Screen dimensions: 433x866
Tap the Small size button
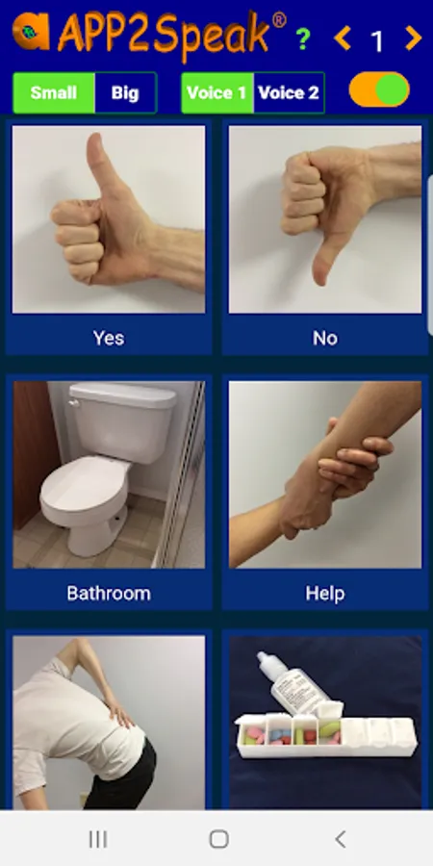coord(54,92)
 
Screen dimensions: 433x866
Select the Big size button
coord(125,92)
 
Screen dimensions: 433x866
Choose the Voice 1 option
coord(217,92)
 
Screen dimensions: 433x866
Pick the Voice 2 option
coord(289,92)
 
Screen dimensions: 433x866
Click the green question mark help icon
coord(302,38)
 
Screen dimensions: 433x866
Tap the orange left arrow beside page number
coord(343,38)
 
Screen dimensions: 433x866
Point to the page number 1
coord(377,40)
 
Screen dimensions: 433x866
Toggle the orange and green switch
coord(379,89)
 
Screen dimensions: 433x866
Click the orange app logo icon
coord(31,31)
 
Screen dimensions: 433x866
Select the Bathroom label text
coord(109,593)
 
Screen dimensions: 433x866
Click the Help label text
coord(325,593)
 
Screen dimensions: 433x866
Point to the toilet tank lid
coord(122,395)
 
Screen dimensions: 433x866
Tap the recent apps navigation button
coord(98,839)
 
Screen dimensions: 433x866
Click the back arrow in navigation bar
coord(341,839)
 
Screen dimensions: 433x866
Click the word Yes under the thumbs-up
coord(109,338)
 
